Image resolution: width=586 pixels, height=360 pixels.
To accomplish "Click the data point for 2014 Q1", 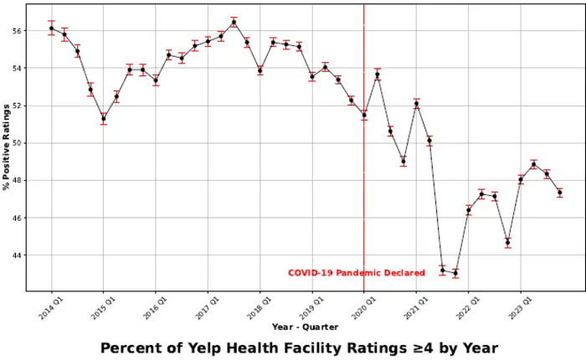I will pos(51,28).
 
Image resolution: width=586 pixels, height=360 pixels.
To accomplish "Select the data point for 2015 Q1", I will pos(104,118).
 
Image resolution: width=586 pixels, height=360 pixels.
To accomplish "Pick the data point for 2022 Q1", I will pos(469,210).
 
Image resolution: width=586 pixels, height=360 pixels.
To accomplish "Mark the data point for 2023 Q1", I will pos(521,180).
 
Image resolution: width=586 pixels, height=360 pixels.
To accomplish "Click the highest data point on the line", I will pos(234,22).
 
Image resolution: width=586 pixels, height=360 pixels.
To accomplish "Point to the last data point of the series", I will pos(559,193).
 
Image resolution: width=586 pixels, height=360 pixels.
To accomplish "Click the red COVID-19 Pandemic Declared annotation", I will pos(356,273).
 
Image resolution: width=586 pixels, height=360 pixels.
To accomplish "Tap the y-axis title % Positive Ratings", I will pos(7,147).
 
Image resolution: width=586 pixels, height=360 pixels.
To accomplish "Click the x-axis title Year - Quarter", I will pos(306,326).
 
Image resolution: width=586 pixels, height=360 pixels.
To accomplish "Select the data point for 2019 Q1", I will pos(312,76).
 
